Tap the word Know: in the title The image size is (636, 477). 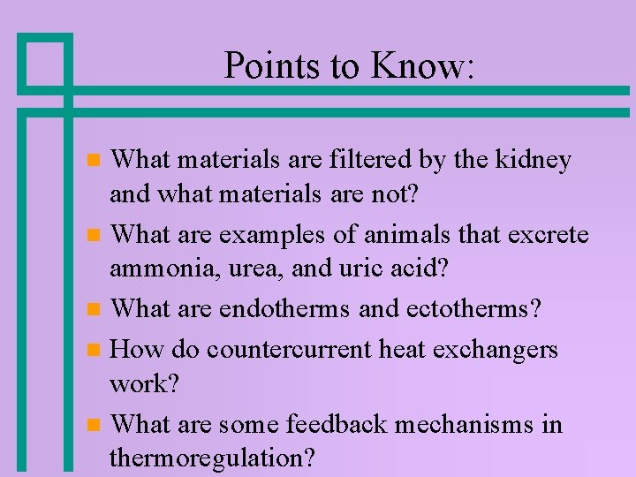[x=421, y=66]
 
